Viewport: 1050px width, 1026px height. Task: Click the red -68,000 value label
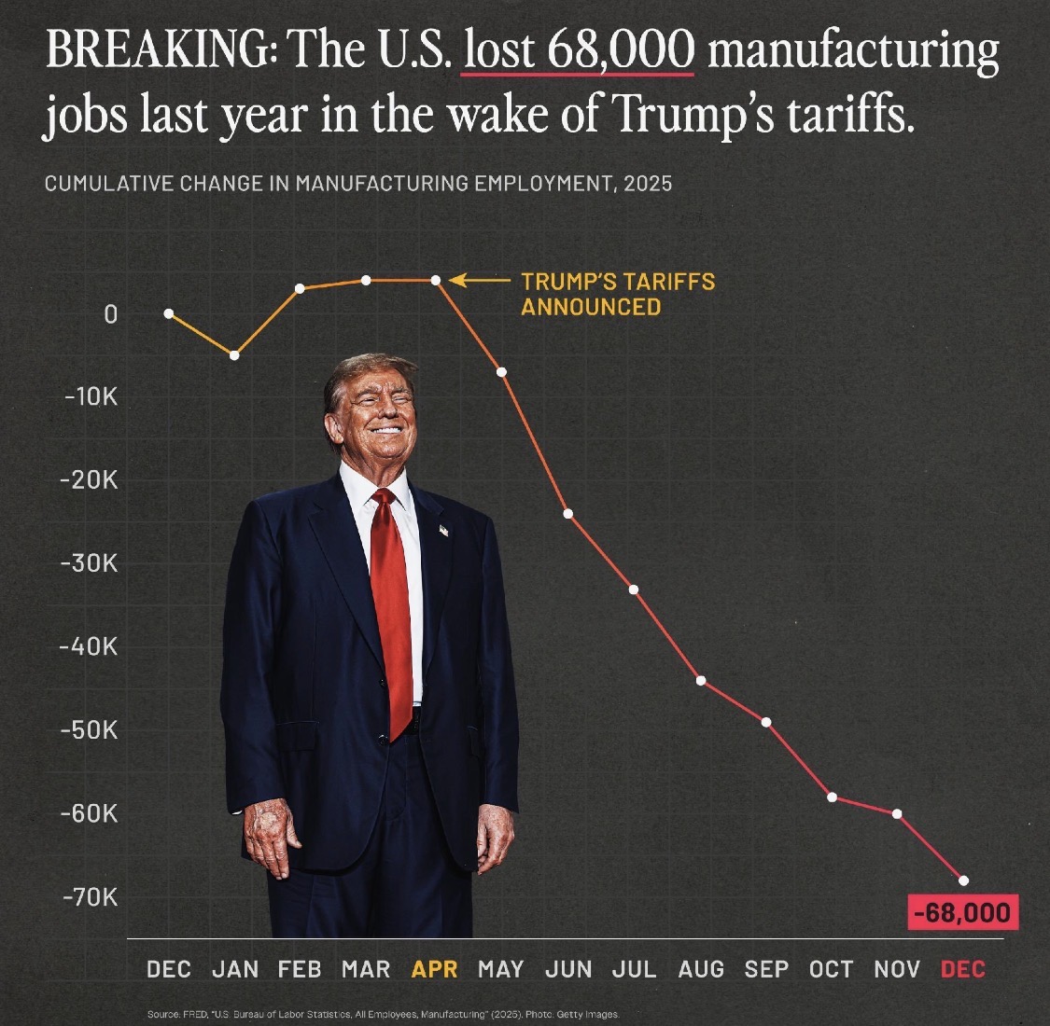[962, 911]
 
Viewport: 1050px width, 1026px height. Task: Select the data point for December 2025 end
[963, 880]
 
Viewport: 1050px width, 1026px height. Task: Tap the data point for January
[234, 355]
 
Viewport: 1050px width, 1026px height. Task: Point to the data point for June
[567, 514]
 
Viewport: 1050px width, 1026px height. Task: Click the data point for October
[832, 797]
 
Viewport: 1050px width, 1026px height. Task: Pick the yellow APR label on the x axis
[435, 969]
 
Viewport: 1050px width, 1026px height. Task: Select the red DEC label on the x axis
[963, 969]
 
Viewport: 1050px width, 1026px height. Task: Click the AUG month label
[701, 969]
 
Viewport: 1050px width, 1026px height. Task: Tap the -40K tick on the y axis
[89, 646]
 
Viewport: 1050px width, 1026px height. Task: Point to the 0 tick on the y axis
[111, 314]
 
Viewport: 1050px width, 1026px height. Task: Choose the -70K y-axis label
[89, 897]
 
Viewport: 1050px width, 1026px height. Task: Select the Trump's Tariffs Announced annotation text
[617, 294]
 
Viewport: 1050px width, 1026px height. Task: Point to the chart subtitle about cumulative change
[357, 183]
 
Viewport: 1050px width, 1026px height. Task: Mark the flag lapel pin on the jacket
[444, 530]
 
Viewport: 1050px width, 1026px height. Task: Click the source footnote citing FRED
[383, 1014]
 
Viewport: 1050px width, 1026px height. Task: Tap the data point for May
[501, 372]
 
